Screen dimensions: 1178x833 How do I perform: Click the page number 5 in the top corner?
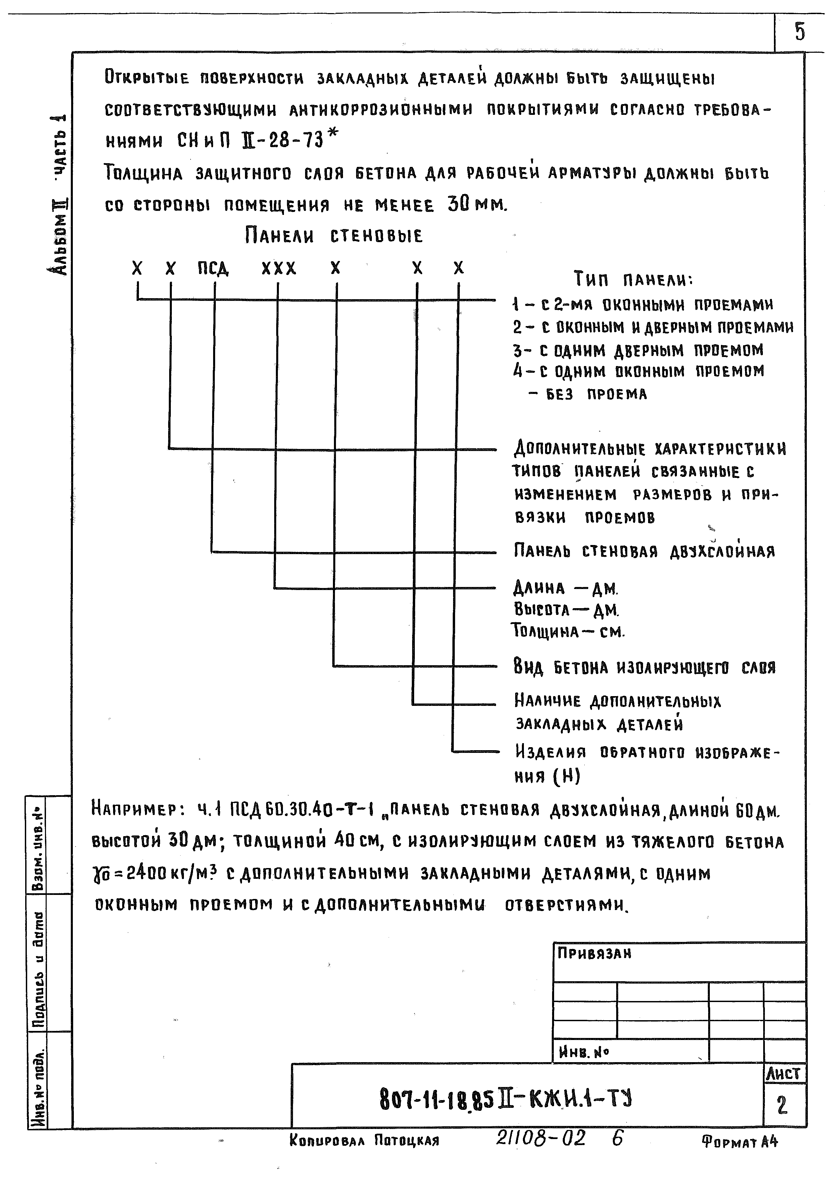tap(800, 32)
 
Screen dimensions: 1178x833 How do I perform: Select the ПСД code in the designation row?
tap(213, 268)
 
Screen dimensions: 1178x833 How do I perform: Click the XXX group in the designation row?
tap(279, 268)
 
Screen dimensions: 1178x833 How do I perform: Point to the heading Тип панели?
tap(633, 280)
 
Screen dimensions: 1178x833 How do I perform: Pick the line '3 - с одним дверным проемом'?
tap(638, 351)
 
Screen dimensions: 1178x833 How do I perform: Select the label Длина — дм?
tap(566, 588)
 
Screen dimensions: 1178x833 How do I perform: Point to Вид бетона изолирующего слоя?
tap(644, 668)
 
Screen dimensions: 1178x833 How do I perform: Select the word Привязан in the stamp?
tap(594, 953)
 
